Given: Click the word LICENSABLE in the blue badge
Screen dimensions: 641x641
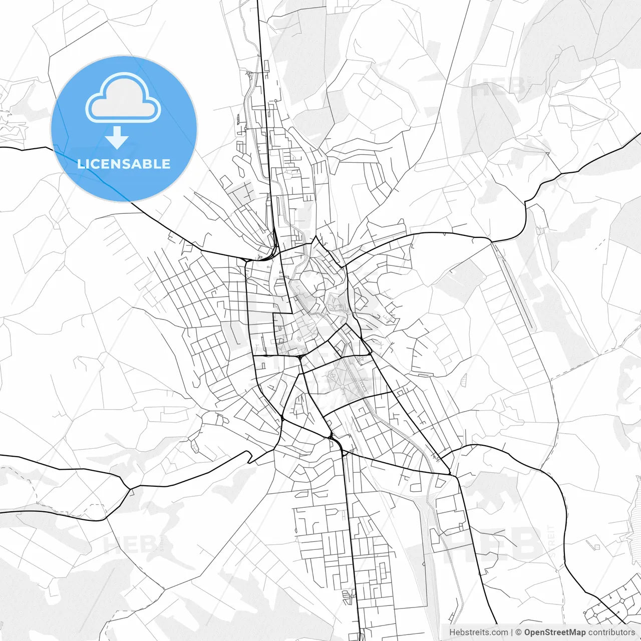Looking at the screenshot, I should (124, 164).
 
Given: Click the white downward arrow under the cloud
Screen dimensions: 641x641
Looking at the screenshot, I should (117, 138).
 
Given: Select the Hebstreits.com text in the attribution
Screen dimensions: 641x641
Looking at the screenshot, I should (478, 632).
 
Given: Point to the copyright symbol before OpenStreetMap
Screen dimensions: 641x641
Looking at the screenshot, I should (519, 632).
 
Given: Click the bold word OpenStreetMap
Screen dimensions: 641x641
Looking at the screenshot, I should (555, 632).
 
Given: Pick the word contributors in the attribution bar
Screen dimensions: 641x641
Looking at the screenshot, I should (611, 632).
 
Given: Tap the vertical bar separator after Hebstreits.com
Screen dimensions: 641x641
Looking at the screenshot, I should (512, 632).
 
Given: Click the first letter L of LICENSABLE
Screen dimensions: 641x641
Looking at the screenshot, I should (80, 164).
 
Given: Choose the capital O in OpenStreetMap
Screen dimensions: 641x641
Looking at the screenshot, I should (528, 632).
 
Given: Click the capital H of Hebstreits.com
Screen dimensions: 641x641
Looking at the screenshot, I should (452, 632).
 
